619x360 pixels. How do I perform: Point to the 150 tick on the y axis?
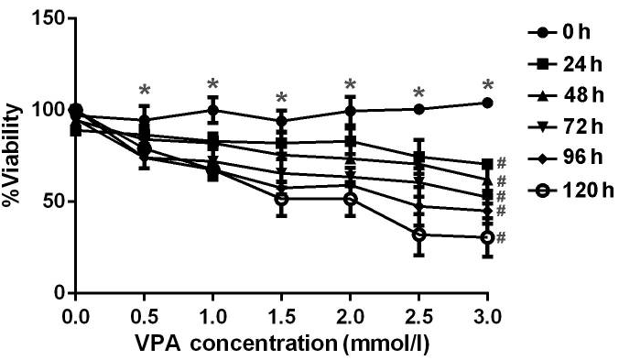pyautogui.click(x=40, y=19)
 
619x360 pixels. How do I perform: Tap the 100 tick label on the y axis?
pyautogui.click(x=40, y=110)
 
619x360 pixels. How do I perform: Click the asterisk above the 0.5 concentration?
pyautogui.click(x=144, y=91)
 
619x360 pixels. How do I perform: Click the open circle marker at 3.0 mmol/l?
pyautogui.click(x=487, y=237)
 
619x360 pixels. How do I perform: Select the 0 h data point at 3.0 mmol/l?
pyautogui.click(x=487, y=103)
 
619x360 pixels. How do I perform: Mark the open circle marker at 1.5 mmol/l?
pyautogui.click(x=281, y=199)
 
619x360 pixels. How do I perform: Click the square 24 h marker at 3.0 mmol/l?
pyautogui.click(x=487, y=164)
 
